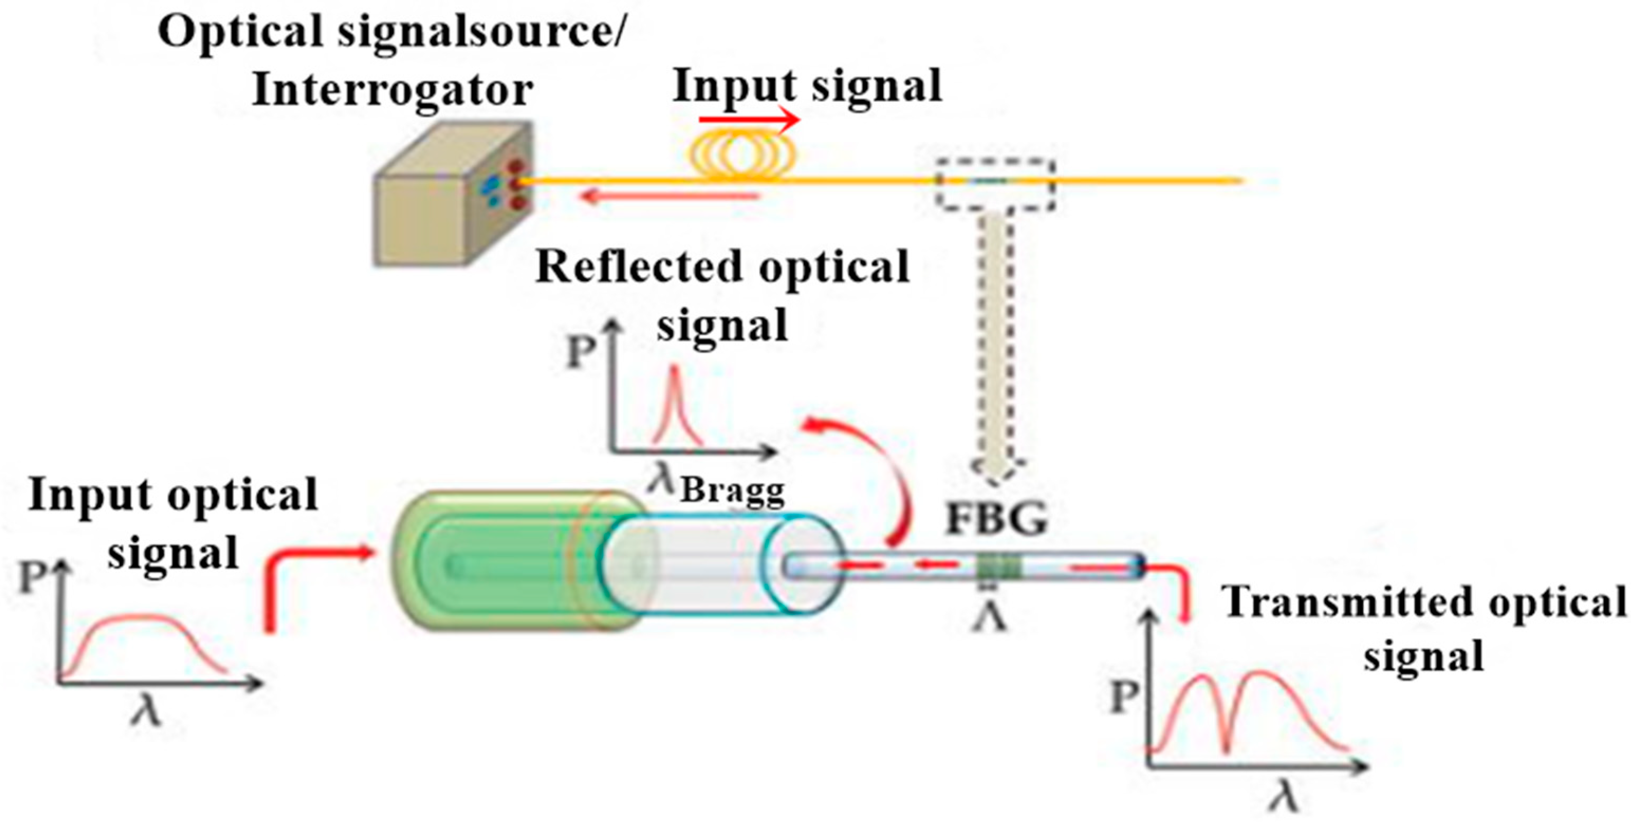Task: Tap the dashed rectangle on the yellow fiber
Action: coord(995,183)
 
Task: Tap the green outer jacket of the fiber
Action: coord(488,560)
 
